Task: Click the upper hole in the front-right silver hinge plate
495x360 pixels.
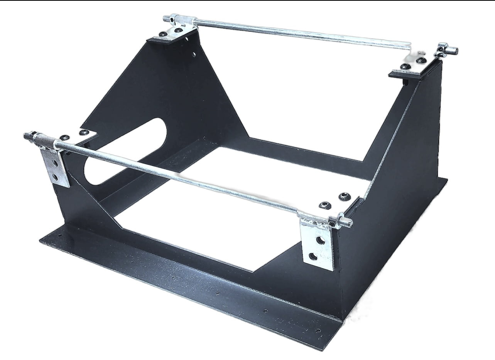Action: tap(320, 240)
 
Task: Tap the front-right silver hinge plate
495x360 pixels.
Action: tap(317, 247)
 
